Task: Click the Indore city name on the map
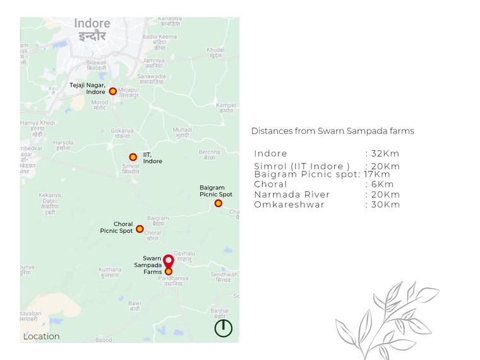[92, 24]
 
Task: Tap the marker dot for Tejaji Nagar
[113, 92]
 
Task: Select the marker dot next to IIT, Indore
[133, 157]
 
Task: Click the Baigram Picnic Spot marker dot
[218, 203]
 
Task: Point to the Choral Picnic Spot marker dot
[140, 229]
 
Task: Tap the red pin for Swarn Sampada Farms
[168, 261]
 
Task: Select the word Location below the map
[42, 337]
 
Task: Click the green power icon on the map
[224, 328]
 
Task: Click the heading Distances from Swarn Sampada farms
[332, 131]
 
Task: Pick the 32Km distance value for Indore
[385, 153]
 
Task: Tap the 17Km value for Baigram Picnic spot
[377, 174]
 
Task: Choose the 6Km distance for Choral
[382, 184]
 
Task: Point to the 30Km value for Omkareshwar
[385, 205]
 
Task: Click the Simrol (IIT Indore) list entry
[302, 166]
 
